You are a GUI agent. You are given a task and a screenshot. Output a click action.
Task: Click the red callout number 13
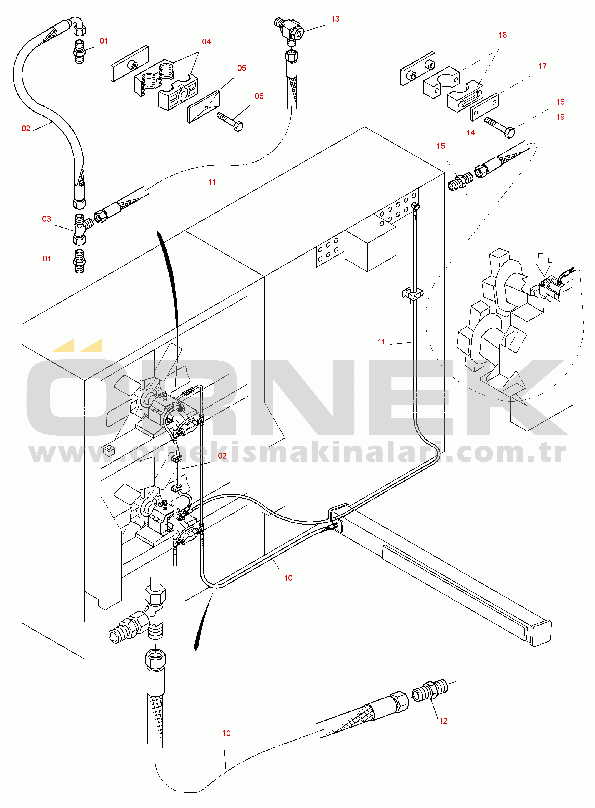pyautogui.click(x=335, y=19)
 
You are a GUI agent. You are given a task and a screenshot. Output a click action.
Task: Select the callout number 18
pyautogui.click(x=503, y=35)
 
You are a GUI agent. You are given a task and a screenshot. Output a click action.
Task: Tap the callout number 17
pyautogui.click(x=542, y=66)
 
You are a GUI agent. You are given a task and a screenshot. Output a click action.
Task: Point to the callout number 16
pyautogui.click(x=560, y=102)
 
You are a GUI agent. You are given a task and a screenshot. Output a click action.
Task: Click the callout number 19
pyautogui.click(x=560, y=117)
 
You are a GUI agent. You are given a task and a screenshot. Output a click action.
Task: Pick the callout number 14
pyautogui.click(x=470, y=133)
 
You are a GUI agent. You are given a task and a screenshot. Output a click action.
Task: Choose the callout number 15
pyautogui.click(x=440, y=146)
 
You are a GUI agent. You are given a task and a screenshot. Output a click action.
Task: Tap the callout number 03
pyautogui.click(x=46, y=219)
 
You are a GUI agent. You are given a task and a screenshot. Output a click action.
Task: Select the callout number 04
pyautogui.click(x=206, y=42)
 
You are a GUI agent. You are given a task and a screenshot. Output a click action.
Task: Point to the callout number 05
pyautogui.click(x=242, y=68)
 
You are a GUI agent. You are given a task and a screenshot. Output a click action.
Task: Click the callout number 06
pyautogui.click(x=259, y=96)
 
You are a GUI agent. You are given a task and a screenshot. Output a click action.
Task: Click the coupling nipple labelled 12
pyautogui.click(x=430, y=690)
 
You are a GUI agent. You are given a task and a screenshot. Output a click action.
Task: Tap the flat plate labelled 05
pyautogui.click(x=204, y=107)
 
